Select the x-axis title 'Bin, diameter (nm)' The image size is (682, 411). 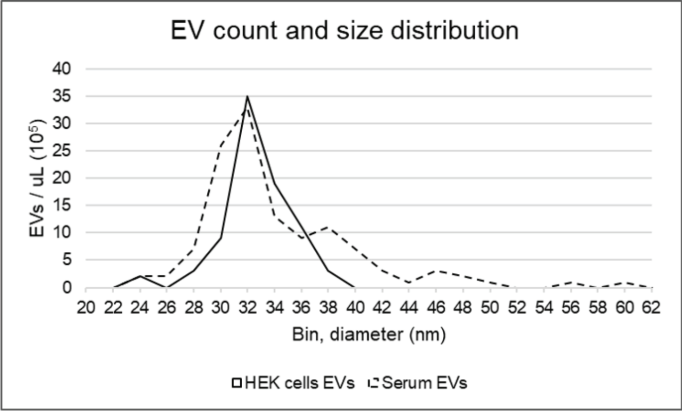369,335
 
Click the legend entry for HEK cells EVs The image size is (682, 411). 294,383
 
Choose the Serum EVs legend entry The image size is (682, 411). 417,383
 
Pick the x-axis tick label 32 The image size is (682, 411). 247,310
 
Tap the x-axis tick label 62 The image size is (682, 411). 652,310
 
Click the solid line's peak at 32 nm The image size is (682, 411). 247,97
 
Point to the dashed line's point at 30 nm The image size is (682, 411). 221,146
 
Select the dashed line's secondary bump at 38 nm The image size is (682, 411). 328,227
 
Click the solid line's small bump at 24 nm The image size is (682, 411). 140,276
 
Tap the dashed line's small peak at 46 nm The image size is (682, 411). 436,271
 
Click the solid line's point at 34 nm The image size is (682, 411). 275,183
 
